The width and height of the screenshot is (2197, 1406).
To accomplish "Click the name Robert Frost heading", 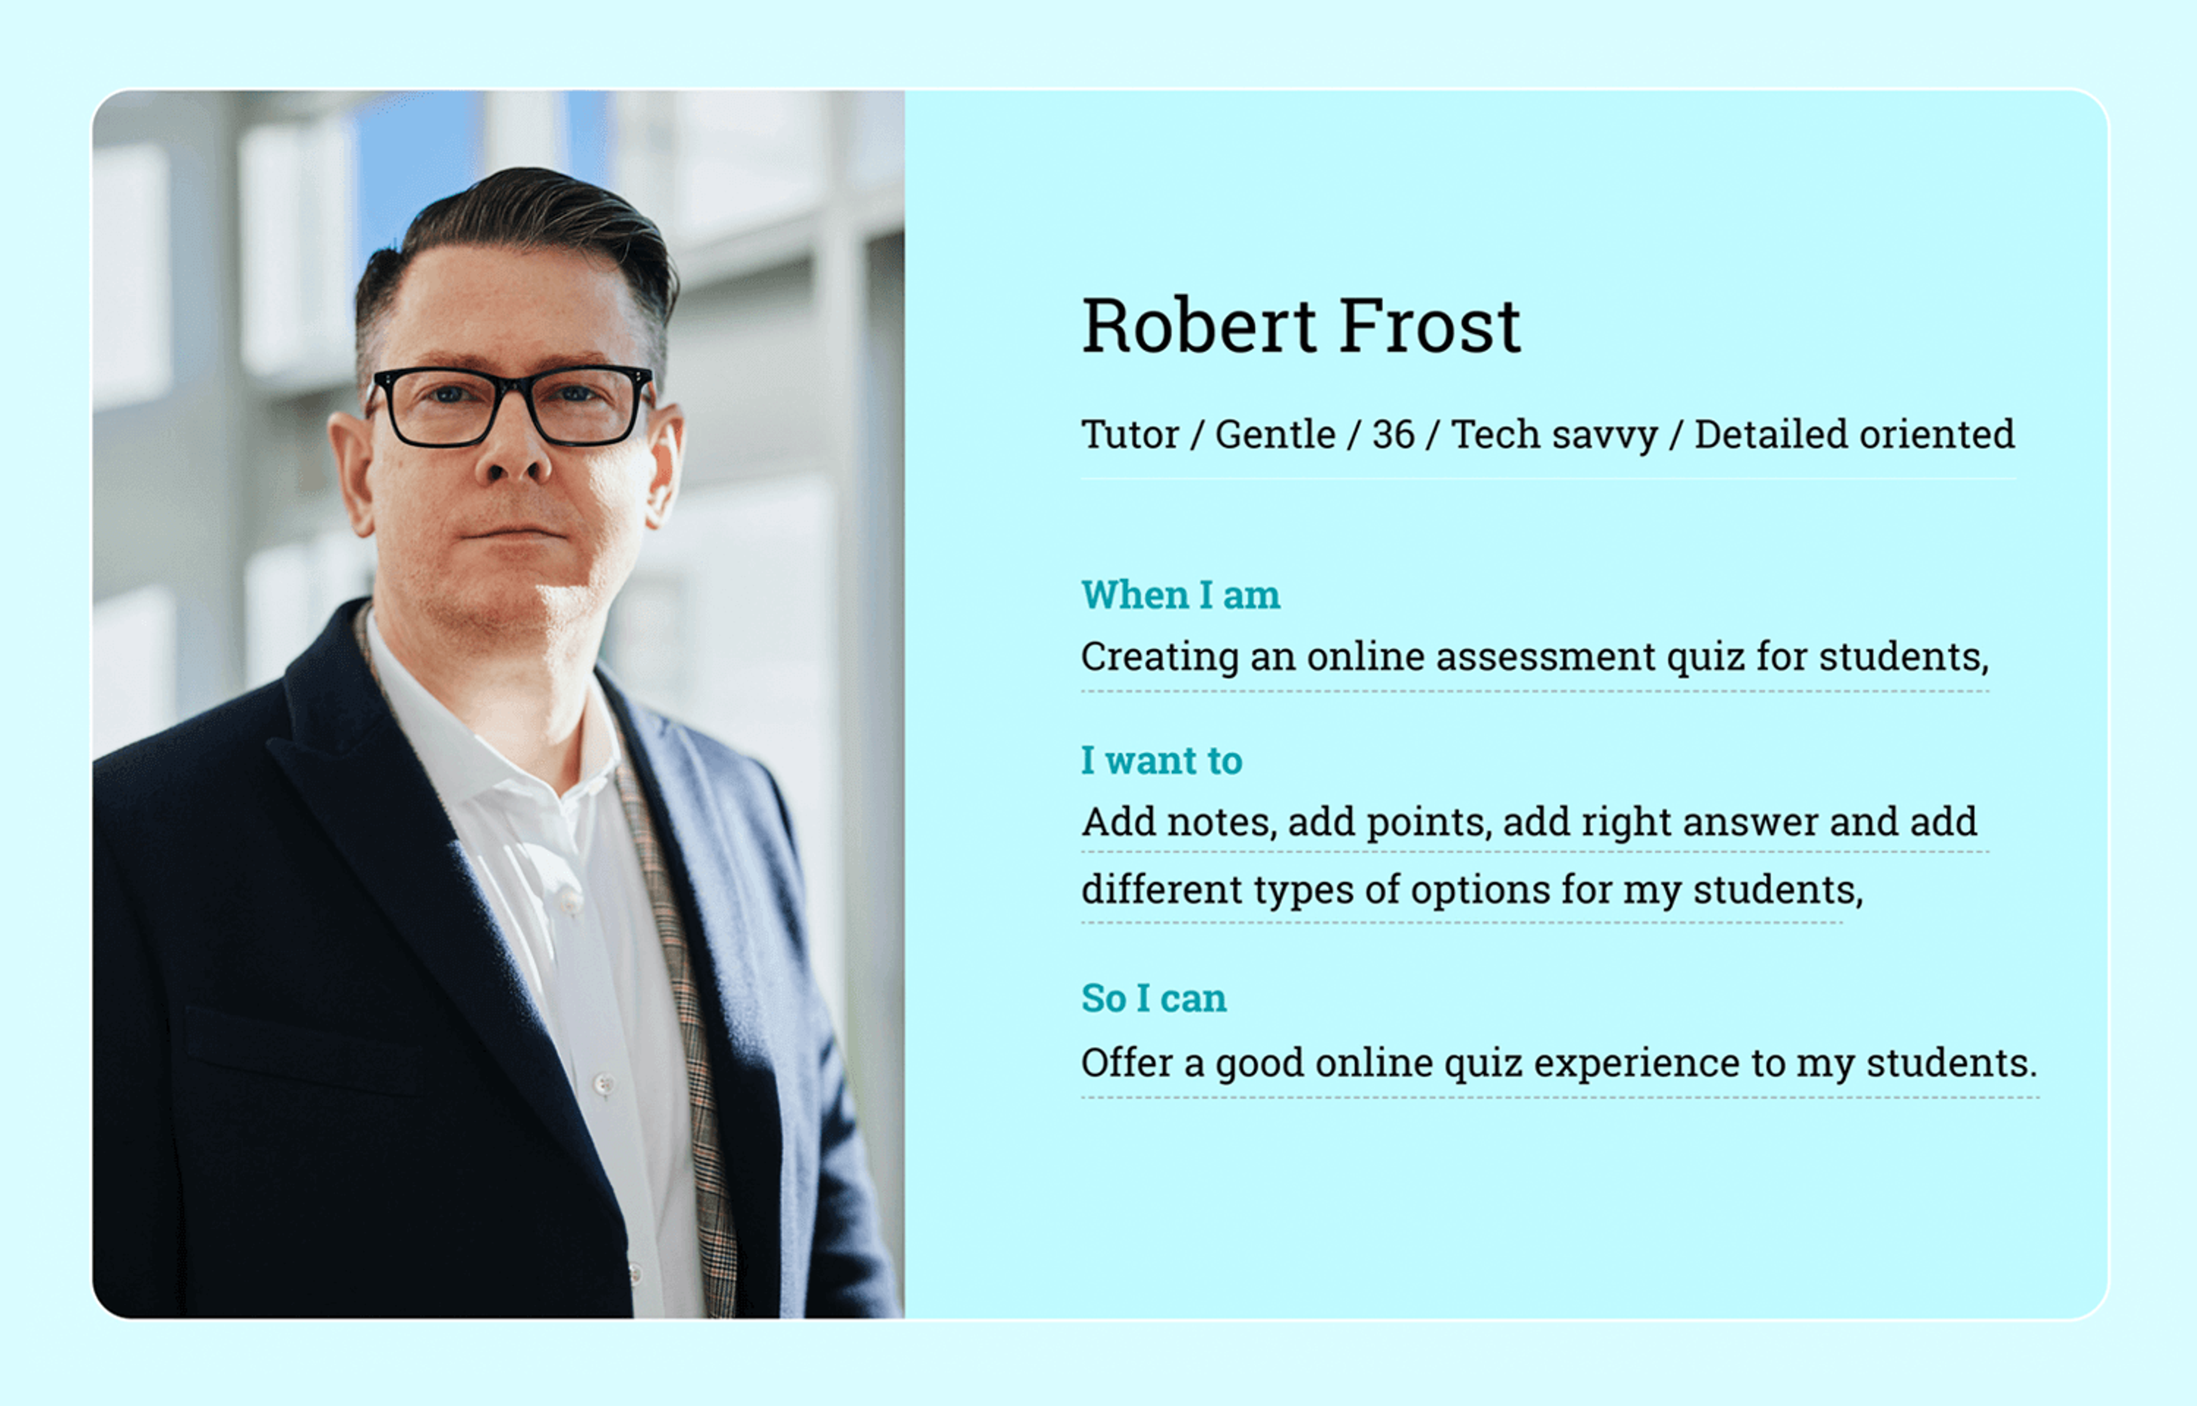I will [x=1300, y=326].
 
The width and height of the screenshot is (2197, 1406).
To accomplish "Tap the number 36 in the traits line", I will [x=1393, y=435].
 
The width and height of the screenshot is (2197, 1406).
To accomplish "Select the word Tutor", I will [x=1129, y=435].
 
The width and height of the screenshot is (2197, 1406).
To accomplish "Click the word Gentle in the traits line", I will [x=1275, y=435].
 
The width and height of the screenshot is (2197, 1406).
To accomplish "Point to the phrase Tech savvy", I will [x=1554, y=435].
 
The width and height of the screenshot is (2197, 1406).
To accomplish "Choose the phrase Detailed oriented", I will [x=1854, y=435].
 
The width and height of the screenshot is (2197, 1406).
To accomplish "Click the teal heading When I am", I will [x=1180, y=595].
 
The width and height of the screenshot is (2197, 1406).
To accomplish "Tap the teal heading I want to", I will [x=1161, y=761].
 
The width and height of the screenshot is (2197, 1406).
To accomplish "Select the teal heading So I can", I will [x=1153, y=998].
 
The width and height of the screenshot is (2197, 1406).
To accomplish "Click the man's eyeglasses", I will [x=511, y=406].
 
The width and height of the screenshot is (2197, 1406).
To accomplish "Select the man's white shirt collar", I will [x=475, y=730].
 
